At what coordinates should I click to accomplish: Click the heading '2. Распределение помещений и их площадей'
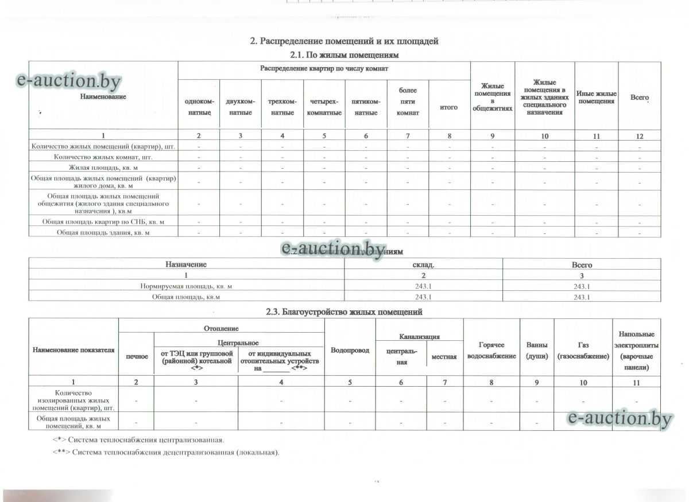tap(344, 41)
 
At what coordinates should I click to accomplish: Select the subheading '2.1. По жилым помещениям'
tap(344, 55)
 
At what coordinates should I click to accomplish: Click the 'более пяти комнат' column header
tap(408, 102)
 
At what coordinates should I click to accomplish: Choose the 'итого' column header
tap(448, 107)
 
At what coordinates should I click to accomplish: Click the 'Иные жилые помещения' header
tap(597, 98)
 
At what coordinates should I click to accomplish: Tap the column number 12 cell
tap(640, 136)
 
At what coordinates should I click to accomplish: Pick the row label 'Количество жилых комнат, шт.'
tap(103, 157)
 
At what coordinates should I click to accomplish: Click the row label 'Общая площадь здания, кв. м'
tap(103, 232)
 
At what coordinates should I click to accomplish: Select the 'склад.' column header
tap(423, 265)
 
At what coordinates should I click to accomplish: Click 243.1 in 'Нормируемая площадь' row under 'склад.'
tap(423, 286)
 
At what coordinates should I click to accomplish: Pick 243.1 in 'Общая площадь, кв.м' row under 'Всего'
tap(582, 297)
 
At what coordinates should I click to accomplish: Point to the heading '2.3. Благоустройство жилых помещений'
tap(344, 312)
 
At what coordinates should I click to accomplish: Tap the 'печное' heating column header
tap(136, 357)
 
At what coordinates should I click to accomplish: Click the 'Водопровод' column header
tap(350, 350)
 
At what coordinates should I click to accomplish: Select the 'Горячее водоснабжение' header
tap(491, 351)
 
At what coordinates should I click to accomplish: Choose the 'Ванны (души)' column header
tap(536, 351)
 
